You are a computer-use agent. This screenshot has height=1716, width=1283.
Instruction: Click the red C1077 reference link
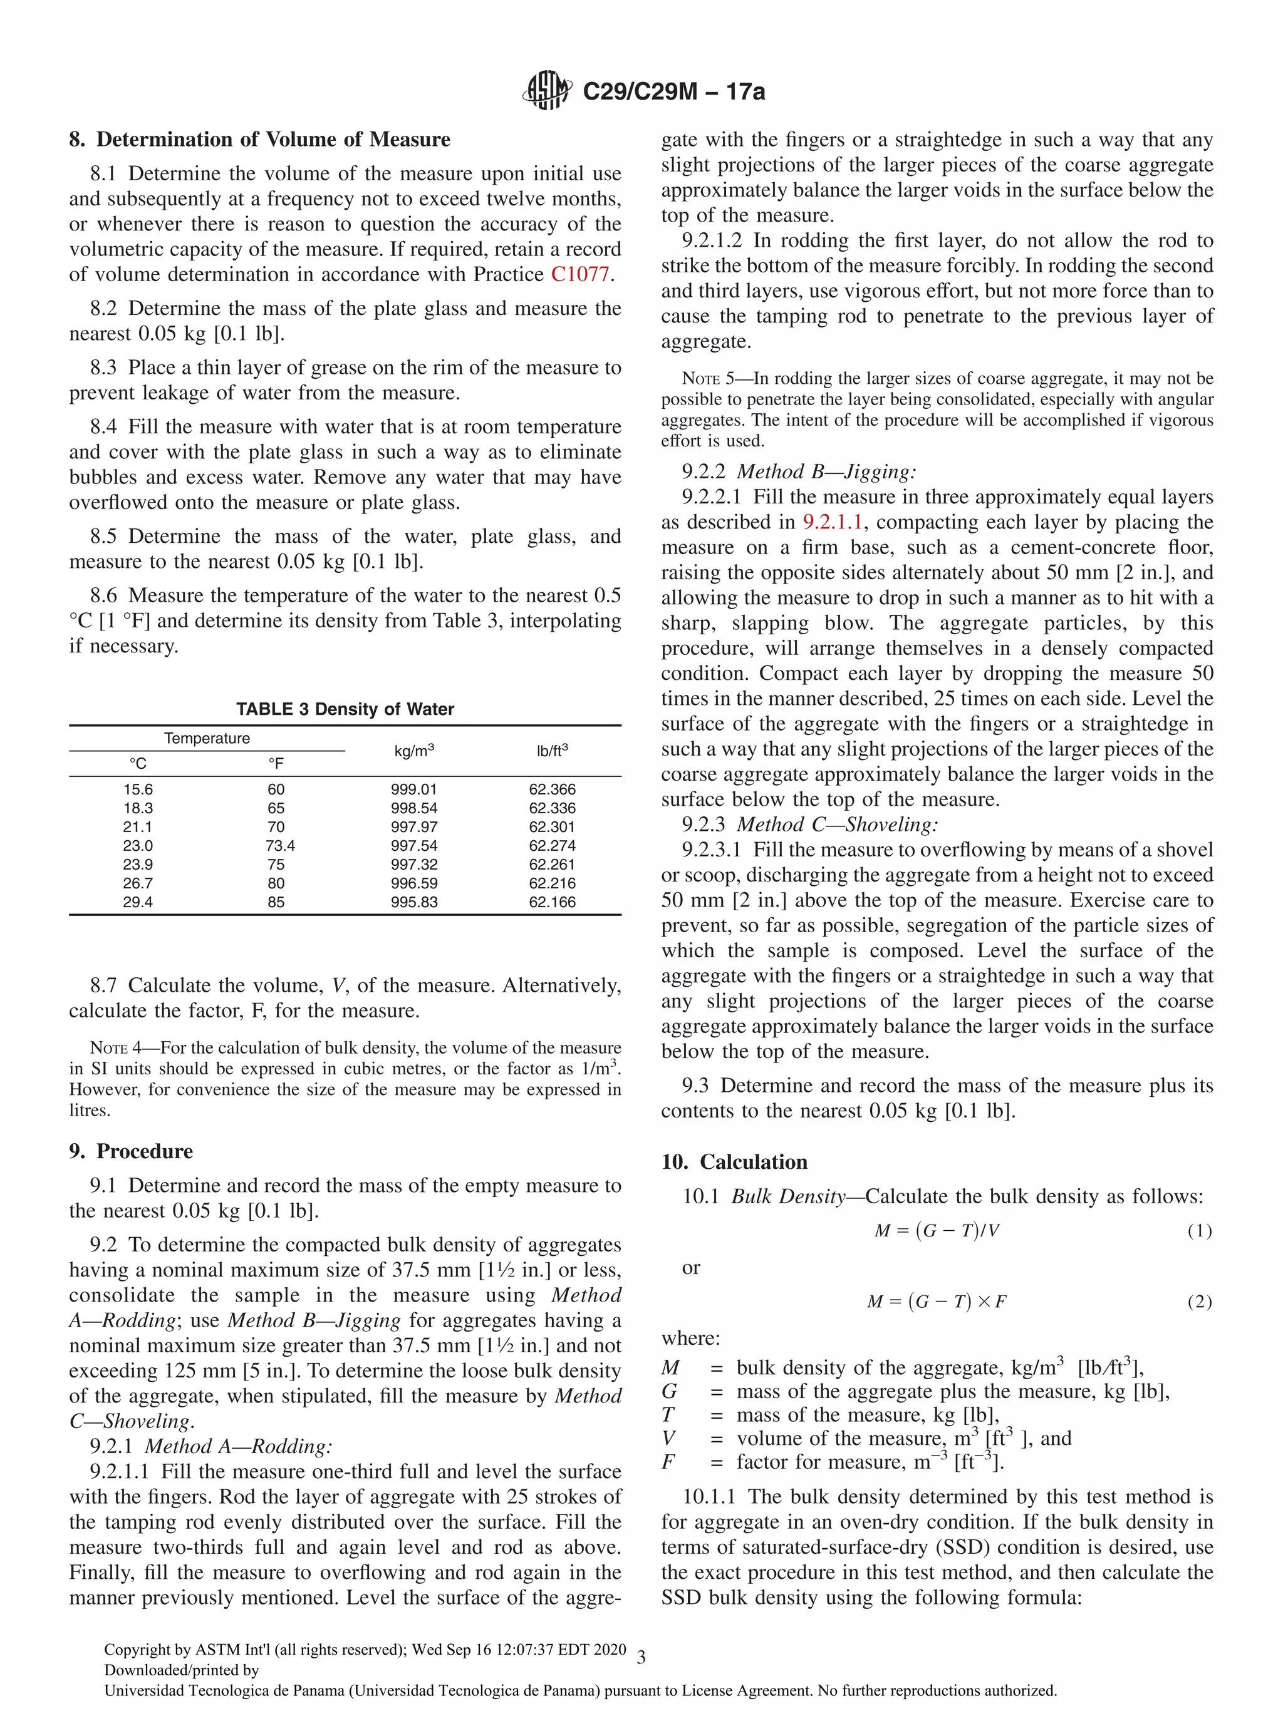(580, 275)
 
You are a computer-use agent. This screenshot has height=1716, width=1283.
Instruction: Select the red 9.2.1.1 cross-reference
(832, 522)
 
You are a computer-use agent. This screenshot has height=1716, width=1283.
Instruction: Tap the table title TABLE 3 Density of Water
(345, 709)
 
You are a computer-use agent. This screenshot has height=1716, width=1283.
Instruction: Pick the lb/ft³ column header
(552, 751)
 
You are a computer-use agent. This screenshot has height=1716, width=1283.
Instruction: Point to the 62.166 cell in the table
(552, 902)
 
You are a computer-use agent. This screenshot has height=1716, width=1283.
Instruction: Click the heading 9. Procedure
(130, 1151)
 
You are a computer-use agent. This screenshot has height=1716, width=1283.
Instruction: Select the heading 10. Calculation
(734, 1162)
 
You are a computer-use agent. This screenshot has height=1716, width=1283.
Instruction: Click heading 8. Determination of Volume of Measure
(259, 140)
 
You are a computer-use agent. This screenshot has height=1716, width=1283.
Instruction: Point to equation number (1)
(1199, 1231)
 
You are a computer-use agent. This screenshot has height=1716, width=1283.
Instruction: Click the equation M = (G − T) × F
(936, 1302)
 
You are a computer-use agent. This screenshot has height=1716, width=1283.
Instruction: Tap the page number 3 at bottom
(641, 1658)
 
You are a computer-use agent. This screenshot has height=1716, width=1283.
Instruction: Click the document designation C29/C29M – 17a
(673, 91)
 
